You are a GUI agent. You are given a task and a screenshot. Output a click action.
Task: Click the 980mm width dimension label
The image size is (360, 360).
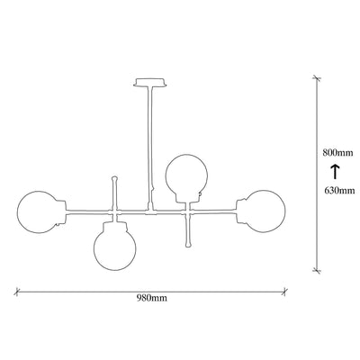152,298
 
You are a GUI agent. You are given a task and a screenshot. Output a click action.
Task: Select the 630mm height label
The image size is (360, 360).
339,190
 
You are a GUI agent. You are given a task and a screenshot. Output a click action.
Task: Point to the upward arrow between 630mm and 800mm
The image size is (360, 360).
335,172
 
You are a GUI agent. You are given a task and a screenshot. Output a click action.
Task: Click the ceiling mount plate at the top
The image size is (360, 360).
149,82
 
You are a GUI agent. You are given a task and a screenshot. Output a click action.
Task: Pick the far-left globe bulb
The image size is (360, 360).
17,211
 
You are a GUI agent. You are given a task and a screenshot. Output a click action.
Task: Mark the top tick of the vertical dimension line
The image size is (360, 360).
317,78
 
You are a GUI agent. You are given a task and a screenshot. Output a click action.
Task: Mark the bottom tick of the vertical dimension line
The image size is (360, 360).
316,270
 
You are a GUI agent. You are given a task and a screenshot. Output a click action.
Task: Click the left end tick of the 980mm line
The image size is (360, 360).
17,292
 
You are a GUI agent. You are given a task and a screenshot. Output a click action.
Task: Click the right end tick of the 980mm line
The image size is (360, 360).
284,292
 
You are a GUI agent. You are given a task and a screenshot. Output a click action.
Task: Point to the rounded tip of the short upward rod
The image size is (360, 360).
114,178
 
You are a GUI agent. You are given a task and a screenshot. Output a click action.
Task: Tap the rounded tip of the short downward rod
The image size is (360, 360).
188,245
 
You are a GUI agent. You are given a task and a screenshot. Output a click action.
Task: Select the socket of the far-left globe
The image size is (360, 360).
61,211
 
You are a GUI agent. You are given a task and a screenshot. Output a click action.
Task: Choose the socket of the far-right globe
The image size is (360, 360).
241,211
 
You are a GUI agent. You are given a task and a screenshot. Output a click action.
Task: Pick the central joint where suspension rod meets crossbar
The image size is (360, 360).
149,211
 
